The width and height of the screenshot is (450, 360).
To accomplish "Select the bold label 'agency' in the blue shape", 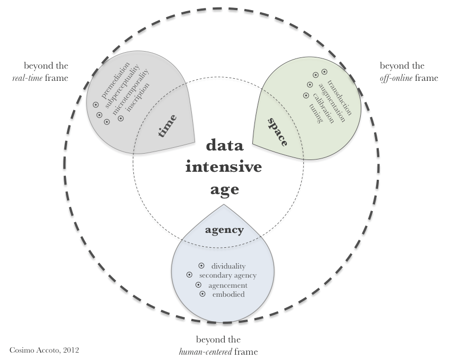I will coord(224,230).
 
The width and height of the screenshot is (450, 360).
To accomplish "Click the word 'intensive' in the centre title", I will coord(223,168).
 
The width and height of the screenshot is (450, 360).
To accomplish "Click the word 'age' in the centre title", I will coord(223,189).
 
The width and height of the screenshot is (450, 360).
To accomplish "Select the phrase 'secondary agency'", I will coord(228,275).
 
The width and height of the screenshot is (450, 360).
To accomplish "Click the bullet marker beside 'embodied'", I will coord(202,294).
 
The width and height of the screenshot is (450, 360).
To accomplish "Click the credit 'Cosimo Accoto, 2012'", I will coord(45,350).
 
